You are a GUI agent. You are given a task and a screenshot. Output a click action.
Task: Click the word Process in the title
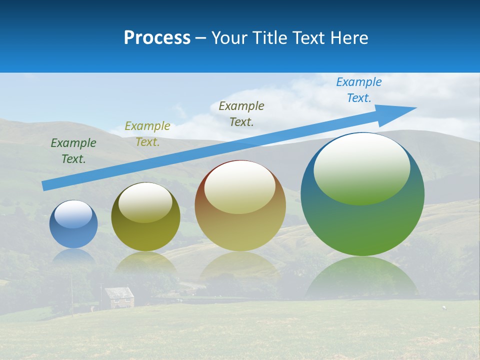[x=157, y=38]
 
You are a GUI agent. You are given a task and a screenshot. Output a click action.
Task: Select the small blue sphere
[x=73, y=224]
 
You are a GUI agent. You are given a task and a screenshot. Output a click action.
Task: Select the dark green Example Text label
[x=73, y=151]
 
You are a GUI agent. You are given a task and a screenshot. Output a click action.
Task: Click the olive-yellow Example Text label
[x=147, y=134]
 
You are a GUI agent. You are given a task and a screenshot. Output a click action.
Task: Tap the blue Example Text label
[x=359, y=90]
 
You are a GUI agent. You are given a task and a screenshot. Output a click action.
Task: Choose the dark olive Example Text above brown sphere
[x=241, y=113]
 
